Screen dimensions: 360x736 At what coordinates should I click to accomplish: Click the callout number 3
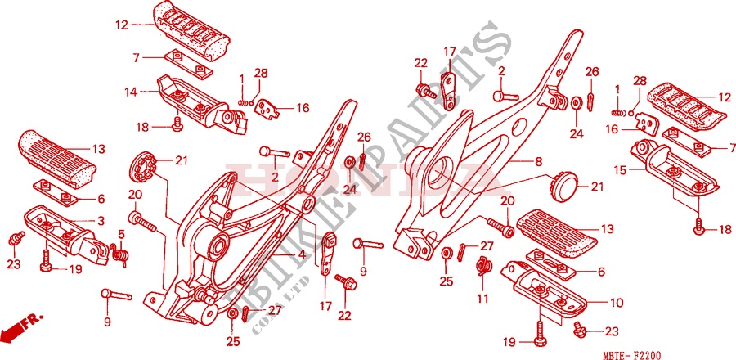tap(101, 221)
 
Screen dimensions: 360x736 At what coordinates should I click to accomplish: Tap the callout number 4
tap(302, 254)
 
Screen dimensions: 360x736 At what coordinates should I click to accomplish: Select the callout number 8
tap(539, 162)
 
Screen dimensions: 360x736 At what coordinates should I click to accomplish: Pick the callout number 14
tap(131, 92)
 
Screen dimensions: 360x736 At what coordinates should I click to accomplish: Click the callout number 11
tap(482, 296)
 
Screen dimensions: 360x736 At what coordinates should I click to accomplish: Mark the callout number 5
tap(121, 234)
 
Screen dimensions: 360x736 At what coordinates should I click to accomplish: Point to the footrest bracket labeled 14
tap(200, 104)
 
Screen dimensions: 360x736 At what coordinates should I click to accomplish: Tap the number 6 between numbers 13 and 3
tap(101, 199)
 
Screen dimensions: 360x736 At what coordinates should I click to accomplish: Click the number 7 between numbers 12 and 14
tap(137, 57)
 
